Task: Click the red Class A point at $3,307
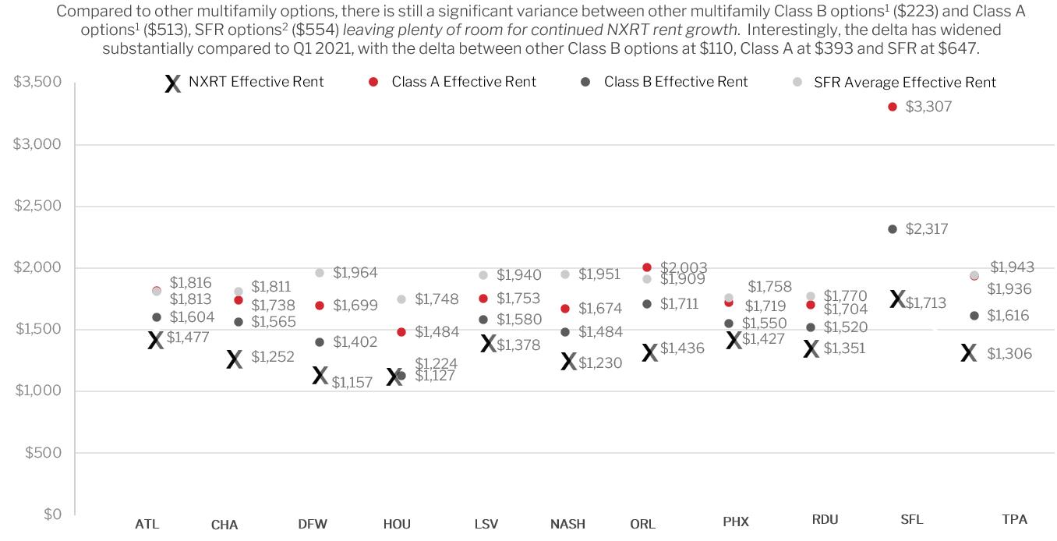[892, 107]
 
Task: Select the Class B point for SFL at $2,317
[892, 229]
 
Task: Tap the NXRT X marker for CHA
[234, 359]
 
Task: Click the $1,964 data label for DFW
[355, 273]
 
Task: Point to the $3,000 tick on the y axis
[37, 144]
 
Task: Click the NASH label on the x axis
[567, 524]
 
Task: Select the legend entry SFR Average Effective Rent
[894, 83]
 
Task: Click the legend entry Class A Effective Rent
[452, 82]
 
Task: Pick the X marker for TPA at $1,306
[968, 353]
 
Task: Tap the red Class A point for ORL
[647, 267]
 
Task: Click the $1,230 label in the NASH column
[600, 363]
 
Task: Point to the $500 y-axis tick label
[44, 453]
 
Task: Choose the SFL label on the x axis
[911, 520]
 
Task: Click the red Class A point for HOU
[401, 332]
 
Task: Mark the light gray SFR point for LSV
[483, 275]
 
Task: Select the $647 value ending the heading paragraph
[957, 48]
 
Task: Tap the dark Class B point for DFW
[320, 342]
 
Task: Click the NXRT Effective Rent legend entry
[244, 83]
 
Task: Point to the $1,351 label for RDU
[844, 348]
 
